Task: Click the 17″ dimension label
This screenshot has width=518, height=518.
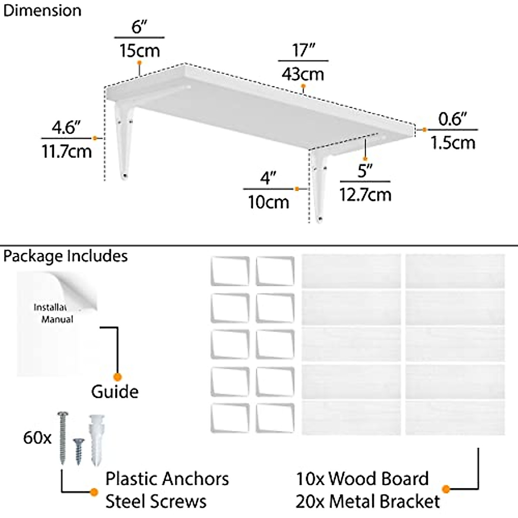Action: coord(303,51)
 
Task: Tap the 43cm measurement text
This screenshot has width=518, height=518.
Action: coord(303,74)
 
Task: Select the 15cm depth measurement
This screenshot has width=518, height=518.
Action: coord(139,51)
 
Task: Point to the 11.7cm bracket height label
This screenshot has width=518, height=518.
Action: coord(66,151)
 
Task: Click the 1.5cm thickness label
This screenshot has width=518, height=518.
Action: coord(453,142)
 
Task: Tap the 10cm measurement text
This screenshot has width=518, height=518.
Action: coord(268,202)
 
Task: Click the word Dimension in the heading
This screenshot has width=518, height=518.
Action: coord(42,10)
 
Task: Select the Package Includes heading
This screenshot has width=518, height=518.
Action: coord(66,256)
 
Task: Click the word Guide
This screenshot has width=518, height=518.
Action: coord(115,392)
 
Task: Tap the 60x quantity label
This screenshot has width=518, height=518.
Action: coord(37,438)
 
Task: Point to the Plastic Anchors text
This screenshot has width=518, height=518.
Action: coord(167,479)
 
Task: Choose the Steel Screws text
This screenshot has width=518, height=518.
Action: coord(156,501)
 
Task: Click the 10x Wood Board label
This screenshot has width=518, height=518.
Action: coord(362,479)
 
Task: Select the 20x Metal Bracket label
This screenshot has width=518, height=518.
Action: coord(367,501)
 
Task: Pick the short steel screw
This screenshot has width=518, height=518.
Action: coord(78,450)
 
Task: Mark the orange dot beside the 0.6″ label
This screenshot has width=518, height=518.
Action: coord(425,129)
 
